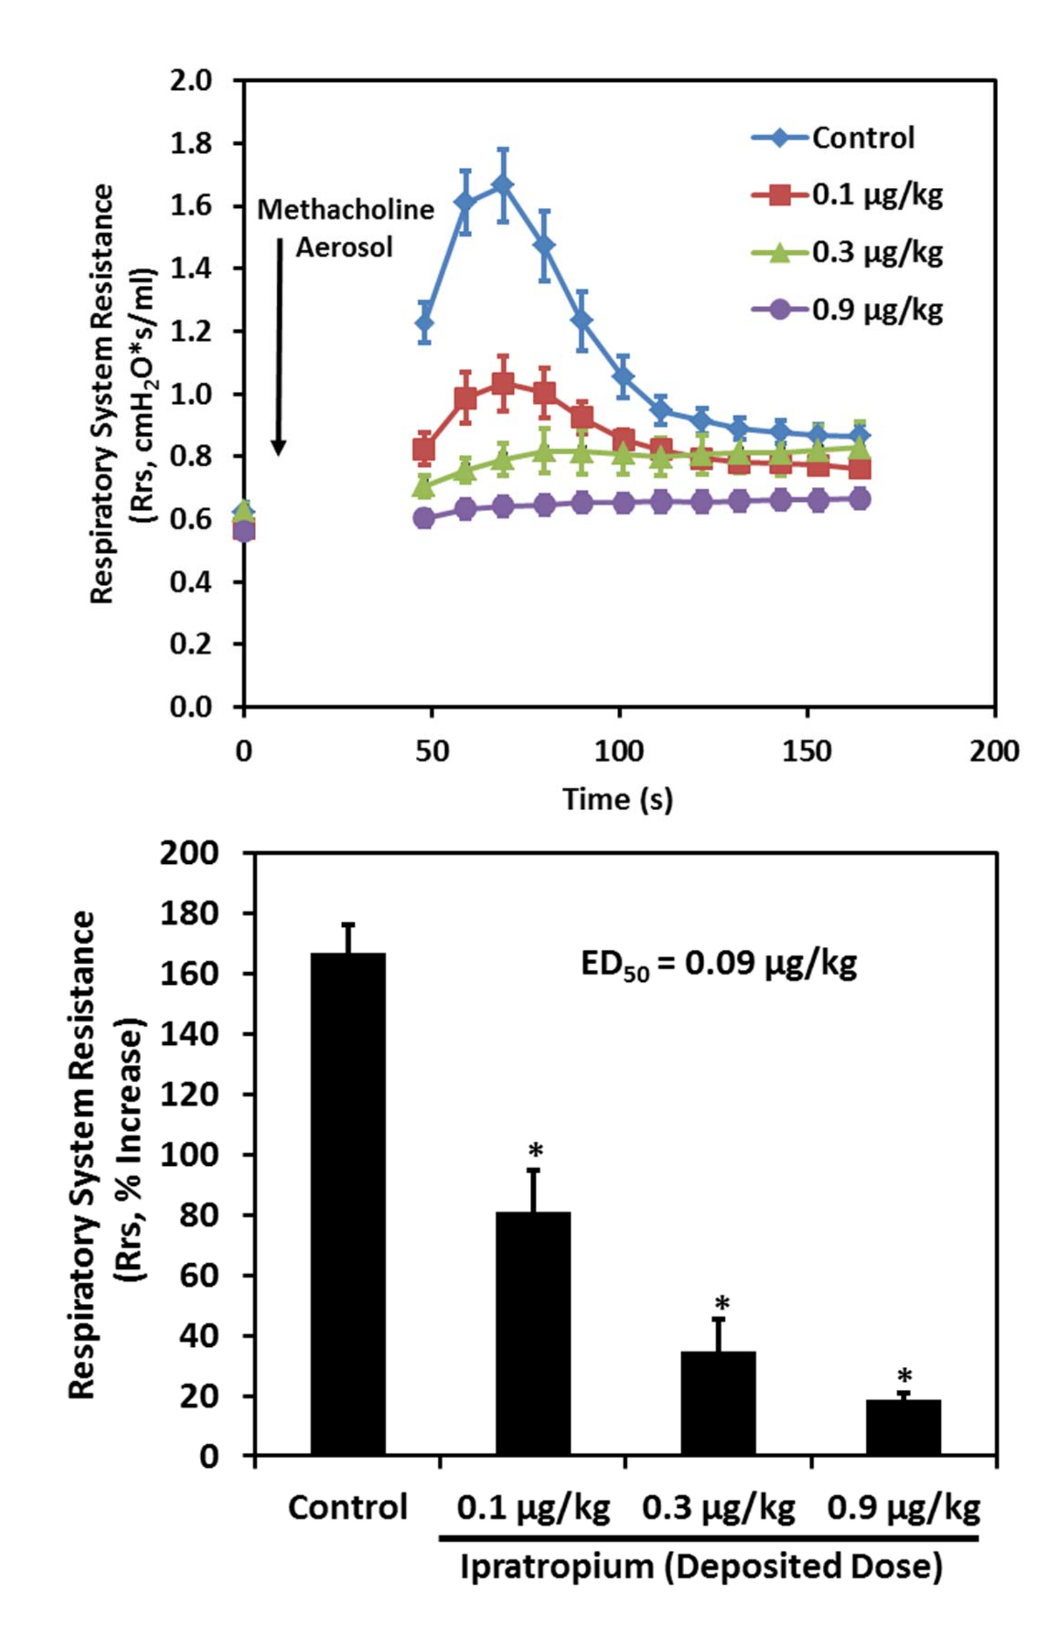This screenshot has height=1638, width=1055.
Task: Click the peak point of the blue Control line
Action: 503,185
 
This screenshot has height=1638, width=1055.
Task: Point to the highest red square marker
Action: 503,384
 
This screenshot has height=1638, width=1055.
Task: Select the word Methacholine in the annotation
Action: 345,210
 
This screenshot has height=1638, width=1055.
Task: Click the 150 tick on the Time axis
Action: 806,752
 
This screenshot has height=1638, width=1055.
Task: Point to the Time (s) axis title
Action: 618,799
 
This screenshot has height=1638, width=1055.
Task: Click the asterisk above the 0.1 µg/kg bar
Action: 536,1151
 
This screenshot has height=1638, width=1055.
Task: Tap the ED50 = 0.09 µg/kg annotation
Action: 718,965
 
